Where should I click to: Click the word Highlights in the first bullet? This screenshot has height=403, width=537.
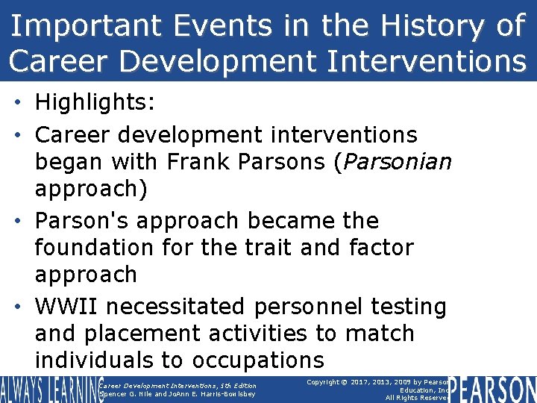tap(95, 102)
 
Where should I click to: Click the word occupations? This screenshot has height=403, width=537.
tap(258, 360)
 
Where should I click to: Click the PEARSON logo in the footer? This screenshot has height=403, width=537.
tap(492, 389)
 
